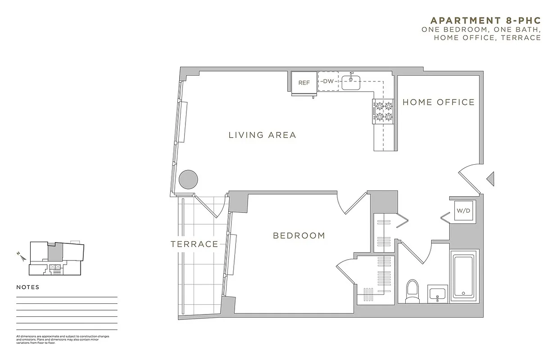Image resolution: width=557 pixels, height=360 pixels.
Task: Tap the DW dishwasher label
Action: tap(328, 81)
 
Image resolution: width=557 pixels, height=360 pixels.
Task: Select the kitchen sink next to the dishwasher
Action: tap(351, 82)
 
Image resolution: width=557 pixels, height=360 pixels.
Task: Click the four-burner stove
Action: tap(382, 112)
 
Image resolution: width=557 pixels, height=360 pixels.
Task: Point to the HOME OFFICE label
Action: tap(438, 102)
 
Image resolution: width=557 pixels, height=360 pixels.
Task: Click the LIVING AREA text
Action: tap(262, 135)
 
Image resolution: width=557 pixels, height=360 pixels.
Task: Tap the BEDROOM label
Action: tap(299, 235)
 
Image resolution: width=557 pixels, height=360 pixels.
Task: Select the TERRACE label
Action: tap(194, 244)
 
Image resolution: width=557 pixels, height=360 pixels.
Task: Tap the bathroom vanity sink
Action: tap(437, 295)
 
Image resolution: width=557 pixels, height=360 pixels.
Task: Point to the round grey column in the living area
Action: tap(188, 180)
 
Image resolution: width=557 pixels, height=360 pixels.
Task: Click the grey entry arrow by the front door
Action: tap(491, 179)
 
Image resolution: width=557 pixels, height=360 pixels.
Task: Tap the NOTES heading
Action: tap(28, 287)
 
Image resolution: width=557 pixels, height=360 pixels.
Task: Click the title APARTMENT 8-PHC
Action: tap(485, 21)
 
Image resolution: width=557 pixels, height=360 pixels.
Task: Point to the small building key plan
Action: tap(56, 258)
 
